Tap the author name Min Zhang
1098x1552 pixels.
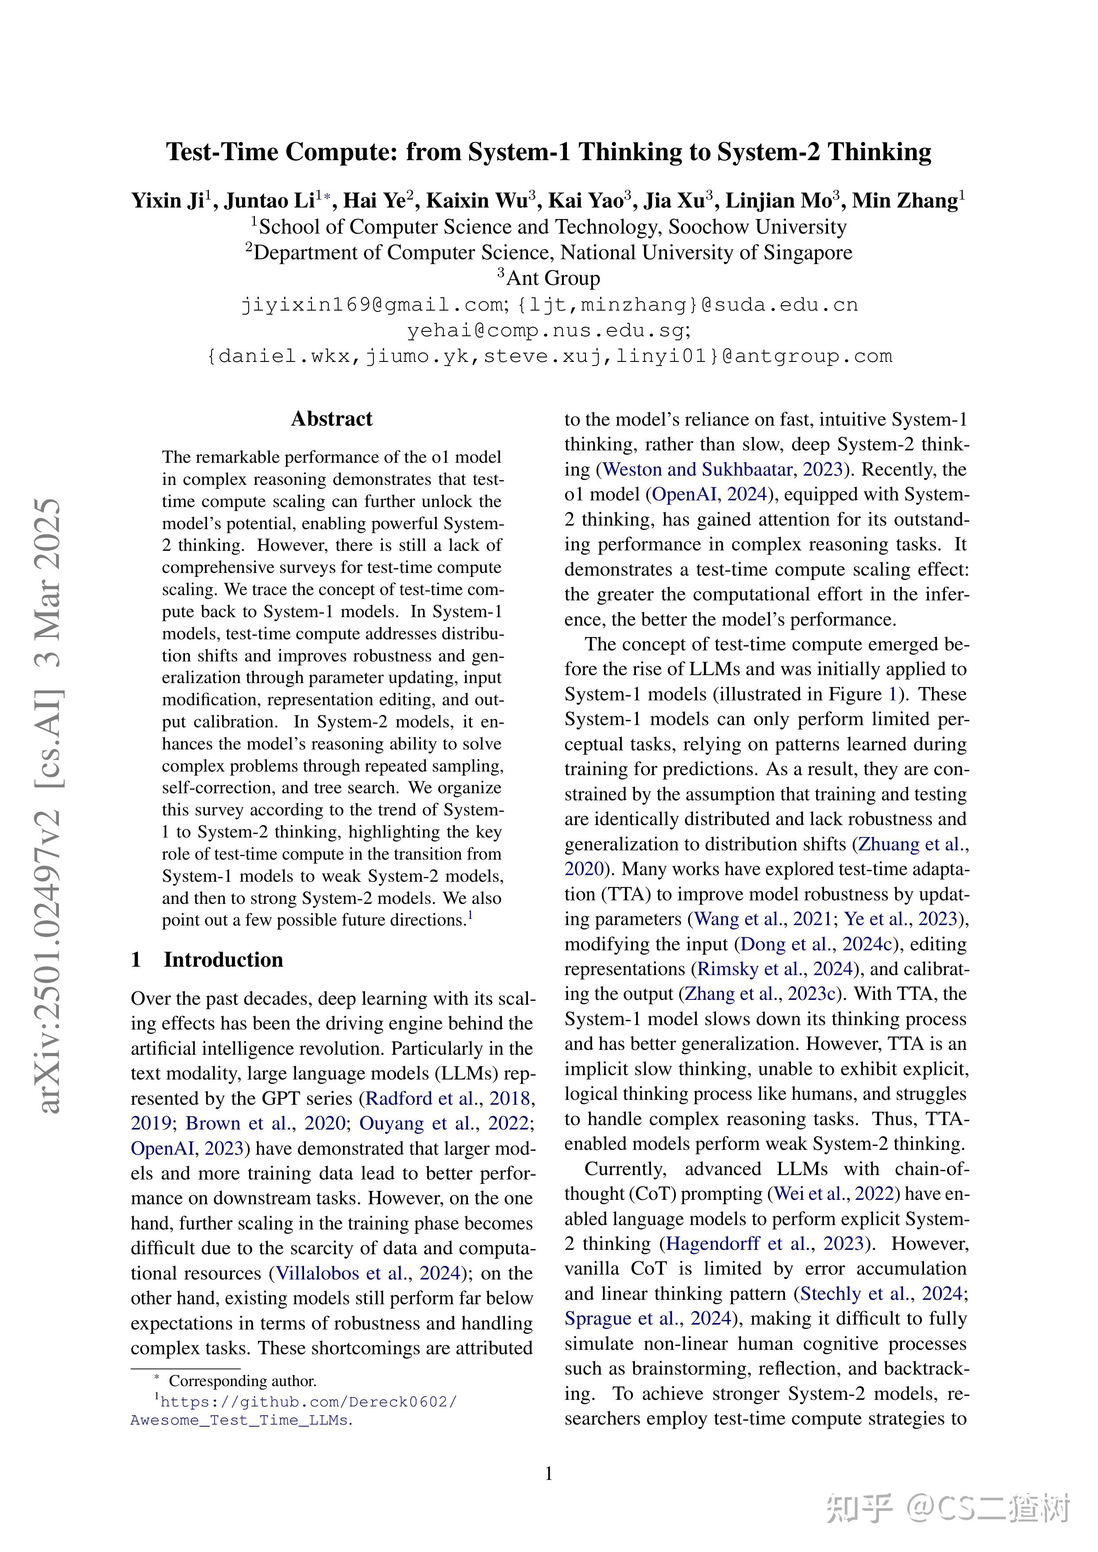905,201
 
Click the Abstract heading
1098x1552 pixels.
331,419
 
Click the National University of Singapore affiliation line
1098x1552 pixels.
548,253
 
